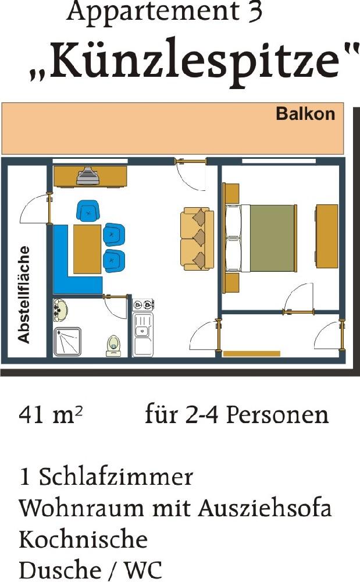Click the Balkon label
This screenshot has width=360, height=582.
coord(305,113)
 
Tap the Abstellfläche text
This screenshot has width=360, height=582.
coord(24,294)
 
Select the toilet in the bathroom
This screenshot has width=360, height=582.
coord(113,346)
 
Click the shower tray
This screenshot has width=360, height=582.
coord(67,342)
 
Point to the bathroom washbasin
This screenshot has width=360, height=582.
coord(60,310)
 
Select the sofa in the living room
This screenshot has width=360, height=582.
coord(197,239)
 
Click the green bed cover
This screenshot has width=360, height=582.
coord(272,238)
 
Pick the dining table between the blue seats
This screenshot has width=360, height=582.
coord(87,249)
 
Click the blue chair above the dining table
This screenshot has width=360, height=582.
coord(88,211)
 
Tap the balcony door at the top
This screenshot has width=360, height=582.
coord(191,175)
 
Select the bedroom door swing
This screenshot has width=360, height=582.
coord(298,299)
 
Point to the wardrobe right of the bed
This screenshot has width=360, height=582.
coord(327,236)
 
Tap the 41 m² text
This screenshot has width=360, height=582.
coord(51,414)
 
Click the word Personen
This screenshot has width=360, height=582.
coord(277,414)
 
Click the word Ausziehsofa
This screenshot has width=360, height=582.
coord(265,508)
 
